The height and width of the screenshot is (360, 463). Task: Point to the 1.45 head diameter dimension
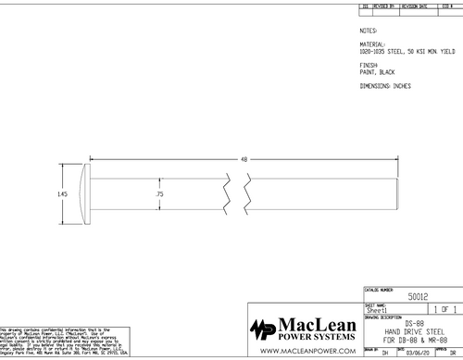[62, 194]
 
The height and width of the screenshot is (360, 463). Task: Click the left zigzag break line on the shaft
[226, 194]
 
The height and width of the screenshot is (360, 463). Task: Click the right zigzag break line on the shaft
[249, 194]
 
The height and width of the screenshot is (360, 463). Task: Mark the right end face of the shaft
[397, 194]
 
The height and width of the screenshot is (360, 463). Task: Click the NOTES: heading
[369, 30]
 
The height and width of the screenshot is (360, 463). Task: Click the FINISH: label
[370, 64]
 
